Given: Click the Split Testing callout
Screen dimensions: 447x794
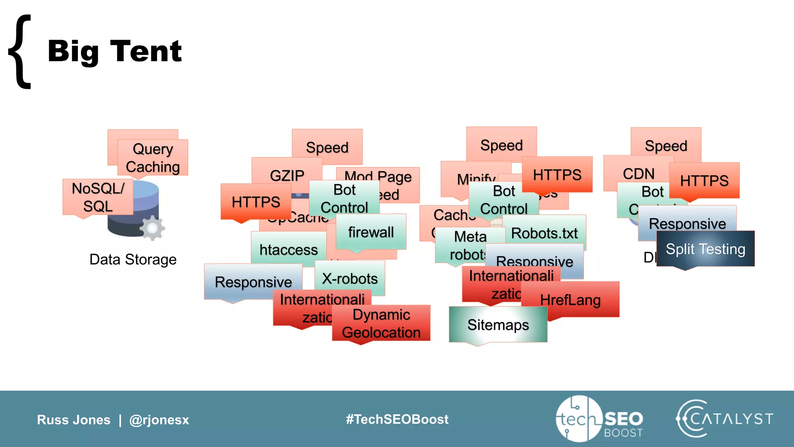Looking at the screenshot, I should coord(705,249).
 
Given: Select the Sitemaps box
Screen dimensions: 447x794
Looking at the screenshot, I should coord(498,325).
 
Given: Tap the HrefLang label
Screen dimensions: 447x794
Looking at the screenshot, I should coord(570,300).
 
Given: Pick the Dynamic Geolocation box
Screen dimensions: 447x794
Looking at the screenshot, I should coord(381,324).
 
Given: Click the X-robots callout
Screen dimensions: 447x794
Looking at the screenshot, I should coord(350,279).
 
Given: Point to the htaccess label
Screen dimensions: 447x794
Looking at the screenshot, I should coord(288,249).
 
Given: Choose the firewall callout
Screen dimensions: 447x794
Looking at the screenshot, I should coord(371,232).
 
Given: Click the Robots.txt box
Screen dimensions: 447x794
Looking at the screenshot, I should coord(544,233).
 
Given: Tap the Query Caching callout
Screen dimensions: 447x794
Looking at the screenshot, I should coord(153,158).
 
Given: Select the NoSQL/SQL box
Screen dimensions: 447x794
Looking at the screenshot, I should coord(98,197).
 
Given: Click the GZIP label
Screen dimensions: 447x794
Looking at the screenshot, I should coord(287,175).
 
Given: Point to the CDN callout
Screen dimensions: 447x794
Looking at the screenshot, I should coord(639,173).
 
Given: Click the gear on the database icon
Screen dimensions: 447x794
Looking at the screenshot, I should coord(152,228).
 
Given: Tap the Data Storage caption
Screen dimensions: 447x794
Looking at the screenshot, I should coord(133,260).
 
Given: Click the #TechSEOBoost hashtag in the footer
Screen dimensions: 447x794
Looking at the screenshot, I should coord(397,419).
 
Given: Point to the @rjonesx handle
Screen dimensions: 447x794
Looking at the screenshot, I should coord(159,420).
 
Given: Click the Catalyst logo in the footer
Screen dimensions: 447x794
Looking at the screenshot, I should coord(724,419).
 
